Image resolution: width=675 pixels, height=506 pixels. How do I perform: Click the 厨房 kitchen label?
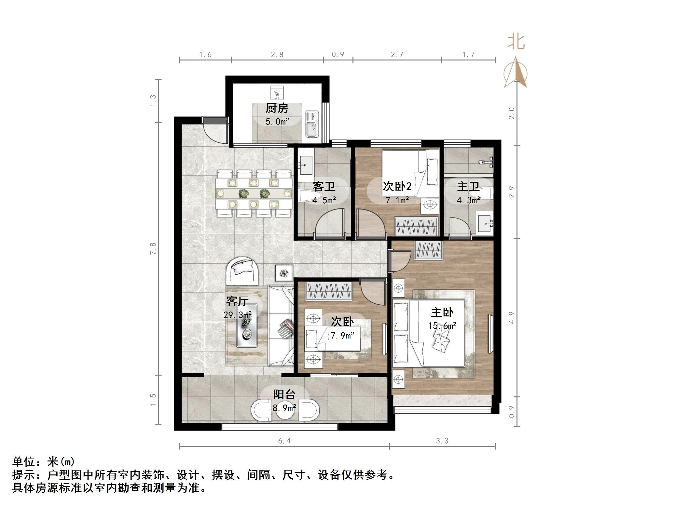coord(277,108)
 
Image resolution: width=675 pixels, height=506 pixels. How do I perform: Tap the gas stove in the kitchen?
coord(277,93)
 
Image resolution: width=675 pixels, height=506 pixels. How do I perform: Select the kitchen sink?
coord(312,124)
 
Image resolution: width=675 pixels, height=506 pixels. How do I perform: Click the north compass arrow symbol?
coord(516,73)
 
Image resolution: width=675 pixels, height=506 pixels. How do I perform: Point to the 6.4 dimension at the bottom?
coord(284,441)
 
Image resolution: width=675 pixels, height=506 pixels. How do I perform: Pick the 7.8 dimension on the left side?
coord(153,248)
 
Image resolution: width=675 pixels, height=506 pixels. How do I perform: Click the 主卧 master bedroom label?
coord(442,313)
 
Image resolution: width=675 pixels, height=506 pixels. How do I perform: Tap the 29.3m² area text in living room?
coord(237,315)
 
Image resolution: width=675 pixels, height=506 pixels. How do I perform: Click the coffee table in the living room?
coord(247,326)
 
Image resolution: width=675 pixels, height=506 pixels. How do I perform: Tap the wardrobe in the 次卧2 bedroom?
coord(416,226)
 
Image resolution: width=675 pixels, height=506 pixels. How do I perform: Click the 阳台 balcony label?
coord(284,394)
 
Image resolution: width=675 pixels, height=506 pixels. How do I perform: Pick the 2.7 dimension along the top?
coord(397,55)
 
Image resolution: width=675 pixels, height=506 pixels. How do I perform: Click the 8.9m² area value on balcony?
coord(284,407)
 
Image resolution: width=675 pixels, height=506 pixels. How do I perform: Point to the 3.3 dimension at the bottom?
coord(442,441)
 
